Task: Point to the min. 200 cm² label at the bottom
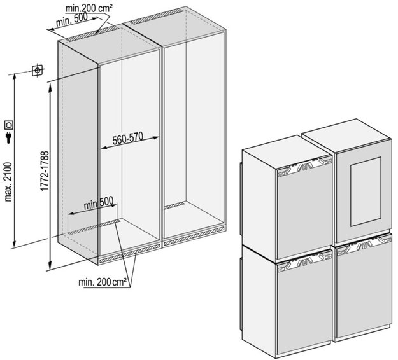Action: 103,280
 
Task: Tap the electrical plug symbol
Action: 8,138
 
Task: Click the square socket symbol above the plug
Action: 10,125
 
